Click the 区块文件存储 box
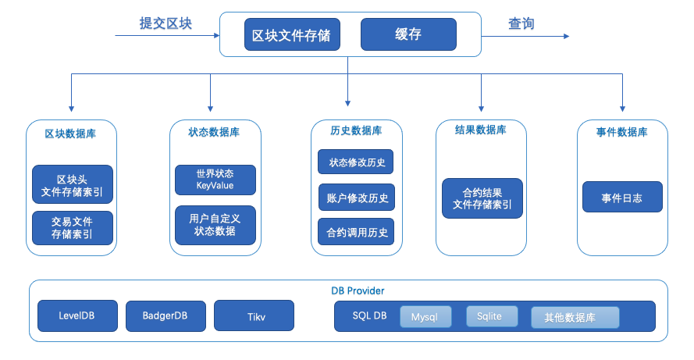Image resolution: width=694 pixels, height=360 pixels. coord(291,35)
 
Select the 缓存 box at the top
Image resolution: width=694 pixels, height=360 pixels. coord(408,34)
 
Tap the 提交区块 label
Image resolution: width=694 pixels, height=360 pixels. coord(165,24)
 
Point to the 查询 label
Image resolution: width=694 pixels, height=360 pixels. coord(521,24)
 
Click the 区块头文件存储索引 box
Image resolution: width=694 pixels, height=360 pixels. coord(73,184)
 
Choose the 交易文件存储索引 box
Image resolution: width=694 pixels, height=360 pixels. coord(73,228)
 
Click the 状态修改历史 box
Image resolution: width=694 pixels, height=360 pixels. coord(356,162)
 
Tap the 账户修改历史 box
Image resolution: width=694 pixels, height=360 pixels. coord(356,198)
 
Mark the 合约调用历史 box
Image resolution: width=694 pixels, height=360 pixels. coord(356,232)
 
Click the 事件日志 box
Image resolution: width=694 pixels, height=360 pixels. coord(622,198)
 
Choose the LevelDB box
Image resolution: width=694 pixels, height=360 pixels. coord(77,315)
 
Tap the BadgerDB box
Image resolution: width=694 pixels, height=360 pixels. coord(165,315)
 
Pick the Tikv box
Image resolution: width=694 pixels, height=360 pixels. coord(254,315)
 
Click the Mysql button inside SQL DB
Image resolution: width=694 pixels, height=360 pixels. coord(426,317)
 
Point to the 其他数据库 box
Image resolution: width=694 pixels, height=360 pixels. coord(575,317)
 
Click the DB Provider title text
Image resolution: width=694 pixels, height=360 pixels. coord(358,290)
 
